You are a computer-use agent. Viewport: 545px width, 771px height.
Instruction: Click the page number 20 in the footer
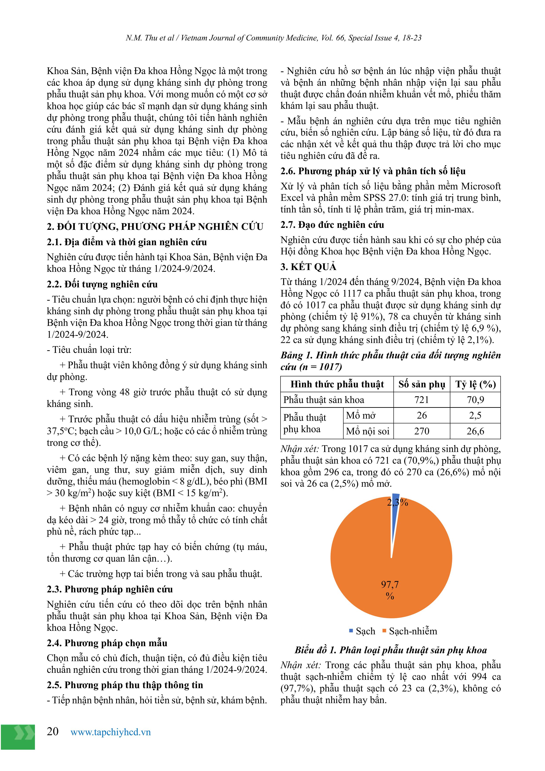(x=53, y=731)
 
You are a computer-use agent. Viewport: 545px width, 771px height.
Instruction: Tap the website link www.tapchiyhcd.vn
(x=110, y=732)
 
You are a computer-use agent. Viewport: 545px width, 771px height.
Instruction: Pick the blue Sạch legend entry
(x=362, y=631)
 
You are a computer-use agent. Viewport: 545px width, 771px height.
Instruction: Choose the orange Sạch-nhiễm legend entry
(x=410, y=631)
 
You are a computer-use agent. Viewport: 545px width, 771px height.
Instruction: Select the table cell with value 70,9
(x=475, y=400)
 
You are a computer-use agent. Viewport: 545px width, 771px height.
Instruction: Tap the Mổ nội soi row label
(x=368, y=431)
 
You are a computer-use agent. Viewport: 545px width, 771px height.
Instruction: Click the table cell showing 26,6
(x=475, y=431)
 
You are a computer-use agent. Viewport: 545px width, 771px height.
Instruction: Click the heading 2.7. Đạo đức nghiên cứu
(x=332, y=225)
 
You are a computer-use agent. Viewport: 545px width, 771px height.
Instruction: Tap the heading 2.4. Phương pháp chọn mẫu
(x=107, y=643)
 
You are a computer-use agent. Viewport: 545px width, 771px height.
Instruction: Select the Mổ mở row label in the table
(x=361, y=415)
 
